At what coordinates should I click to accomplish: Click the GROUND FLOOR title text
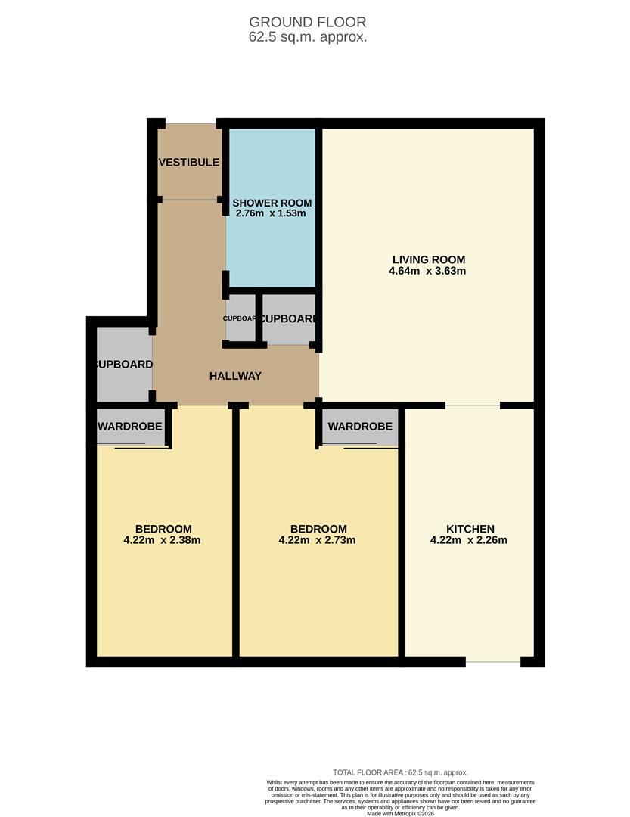pyautogui.click(x=308, y=22)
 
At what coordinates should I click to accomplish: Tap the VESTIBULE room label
pyautogui.click(x=189, y=162)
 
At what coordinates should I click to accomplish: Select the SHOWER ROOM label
pyautogui.click(x=272, y=203)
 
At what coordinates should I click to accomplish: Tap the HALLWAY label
pyautogui.click(x=235, y=375)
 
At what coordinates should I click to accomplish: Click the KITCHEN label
pyautogui.click(x=470, y=529)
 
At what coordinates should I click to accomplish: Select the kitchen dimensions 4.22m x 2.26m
pyautogui.click(x=469, y=540)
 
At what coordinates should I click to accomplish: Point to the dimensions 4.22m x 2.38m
pyautogui.click(x=163, y=540)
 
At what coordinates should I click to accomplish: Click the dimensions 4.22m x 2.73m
pyautogui.click(x=318, y=540)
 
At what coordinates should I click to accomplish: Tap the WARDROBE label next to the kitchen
pyautogui.click(x=360, y=427)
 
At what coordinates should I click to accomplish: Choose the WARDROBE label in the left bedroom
pyautogui.click(x=130, y=427)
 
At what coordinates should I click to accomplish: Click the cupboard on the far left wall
pyautogui.click(x=123, y=365)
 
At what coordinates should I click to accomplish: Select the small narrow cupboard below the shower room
pyautogui.click(x=241, y=318)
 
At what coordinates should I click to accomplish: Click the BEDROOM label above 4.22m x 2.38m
pyautogui.click(x=163, y=529)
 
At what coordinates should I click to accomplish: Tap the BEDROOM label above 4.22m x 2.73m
pyautogui.click(x=318, y=529)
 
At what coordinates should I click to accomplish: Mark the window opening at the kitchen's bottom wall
pyautogui.click(x=493, y=662)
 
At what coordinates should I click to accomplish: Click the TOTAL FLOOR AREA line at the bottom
pyautogui.click(x=400, y=772)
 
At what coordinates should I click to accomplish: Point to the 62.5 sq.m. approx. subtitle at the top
pyautogui.click(x=308, y=36)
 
